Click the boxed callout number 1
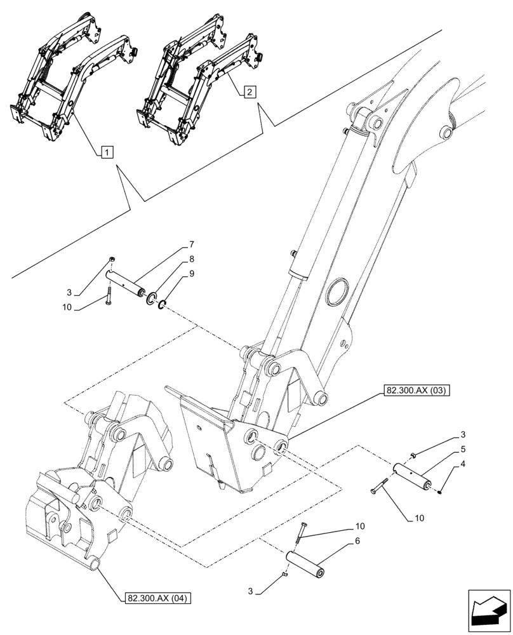[x=107, y=152]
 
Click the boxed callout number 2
[x=249, y=92]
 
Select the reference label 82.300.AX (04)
[x=156, y=598]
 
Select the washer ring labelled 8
[x=152, y=298]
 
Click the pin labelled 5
[x=414, y=476]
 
